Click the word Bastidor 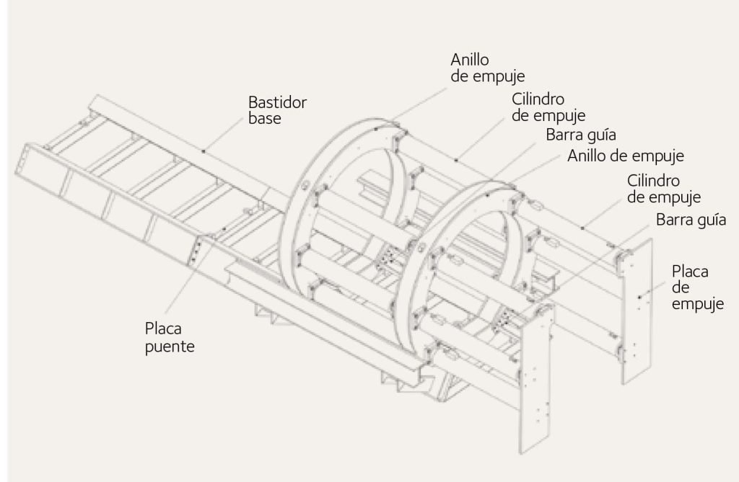pyautogui.click(x=277, y=102)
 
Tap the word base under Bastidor pyautogui.click(x=263, y=118)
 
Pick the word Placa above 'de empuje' pyautogui.click(x=690, y=272)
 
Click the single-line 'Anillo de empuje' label pyautogui.click(x=626, y=155)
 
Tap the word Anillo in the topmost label pyautogui.click(x=469, y=58)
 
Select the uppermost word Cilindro pyautogui.click(x=538, y=98)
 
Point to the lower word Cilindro pyautogui.click(x=654, y=179)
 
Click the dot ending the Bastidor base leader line pyautogui.click(x=204, y=151)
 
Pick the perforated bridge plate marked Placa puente pyautogui.click(x=195, y=252)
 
